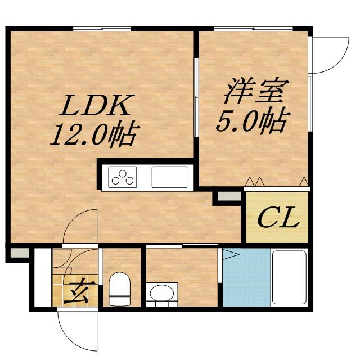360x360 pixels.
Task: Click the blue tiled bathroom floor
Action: point(246,278)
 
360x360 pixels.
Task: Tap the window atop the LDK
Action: point(102,28)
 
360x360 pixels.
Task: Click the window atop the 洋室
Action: point(253,28)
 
